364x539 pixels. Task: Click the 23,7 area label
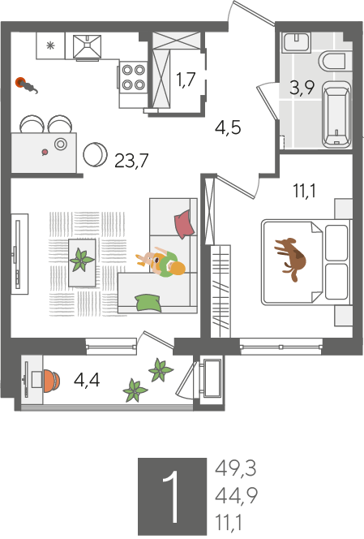click(x=131, y=160)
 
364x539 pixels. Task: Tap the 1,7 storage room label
click(x=186, y=80)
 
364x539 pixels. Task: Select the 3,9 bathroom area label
click(x=302, y=88)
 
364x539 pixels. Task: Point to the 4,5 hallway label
click(x=228, y=127)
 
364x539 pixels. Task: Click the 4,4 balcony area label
click(x=87, y=380)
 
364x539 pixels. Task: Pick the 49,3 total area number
click(x=236, y=468)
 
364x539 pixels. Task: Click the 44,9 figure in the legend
click(x=236, y=495)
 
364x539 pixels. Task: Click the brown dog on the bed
click(x=290, y=258)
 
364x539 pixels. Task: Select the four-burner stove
click(x=133, y=76)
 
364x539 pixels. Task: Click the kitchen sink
click(x=88, y=46)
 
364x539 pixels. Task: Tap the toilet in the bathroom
click(x=332, y=62)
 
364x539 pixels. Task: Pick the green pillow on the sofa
click(x=148, y=303)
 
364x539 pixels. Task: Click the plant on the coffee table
click(x=82, y=260)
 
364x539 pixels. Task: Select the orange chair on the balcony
click(x=52, y=381)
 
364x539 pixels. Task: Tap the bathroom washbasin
click(x=297, y=42)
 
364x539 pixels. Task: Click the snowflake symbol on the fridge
click(x=50, y=45)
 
